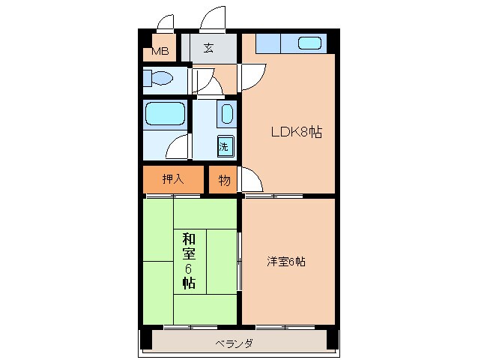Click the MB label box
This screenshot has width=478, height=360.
160,51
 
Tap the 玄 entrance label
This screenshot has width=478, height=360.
208,49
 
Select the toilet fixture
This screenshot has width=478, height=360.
160,78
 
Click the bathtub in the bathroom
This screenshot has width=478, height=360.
165,114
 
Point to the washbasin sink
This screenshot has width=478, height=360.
226,114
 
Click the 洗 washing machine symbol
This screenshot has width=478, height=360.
224,147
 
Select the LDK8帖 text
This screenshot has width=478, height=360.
296,133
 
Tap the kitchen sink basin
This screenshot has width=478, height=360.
309,43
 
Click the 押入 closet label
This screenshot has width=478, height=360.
173,179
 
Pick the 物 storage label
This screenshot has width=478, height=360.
223,180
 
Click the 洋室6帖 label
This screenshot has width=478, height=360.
286,262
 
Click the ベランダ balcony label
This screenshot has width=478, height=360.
234,343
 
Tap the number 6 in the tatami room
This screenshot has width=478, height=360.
189,268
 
